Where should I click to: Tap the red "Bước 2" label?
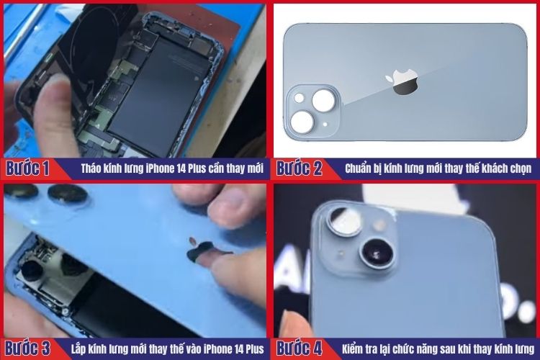coord(299,169)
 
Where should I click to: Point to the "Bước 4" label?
coord(299,349)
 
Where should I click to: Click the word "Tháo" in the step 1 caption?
coord(91,169)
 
